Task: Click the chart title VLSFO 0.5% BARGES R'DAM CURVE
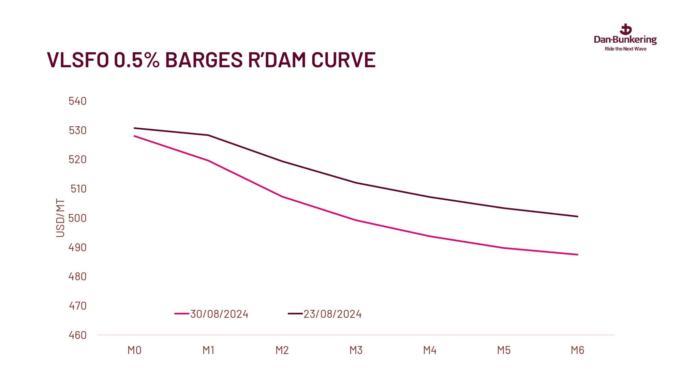click(x=211, y=60)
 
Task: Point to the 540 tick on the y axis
click(x=78, y=101)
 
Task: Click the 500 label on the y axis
click(x=78, y=218)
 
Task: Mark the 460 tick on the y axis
click(x=78, y=335)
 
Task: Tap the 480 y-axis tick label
click(x=78, y=276)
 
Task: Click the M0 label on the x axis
click(x=134, y=350)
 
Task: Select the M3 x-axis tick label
click(x=356, y=350)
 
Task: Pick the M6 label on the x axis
click(x=578, y=350)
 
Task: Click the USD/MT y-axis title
click(x=60, y=218)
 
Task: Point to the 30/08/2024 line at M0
click(x=134, y=136)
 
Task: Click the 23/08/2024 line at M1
click(x=208, y=135)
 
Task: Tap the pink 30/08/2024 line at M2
click(x=282, y=197)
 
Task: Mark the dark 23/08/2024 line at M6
click(x=578, y=216)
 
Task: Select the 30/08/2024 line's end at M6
click(x=578, y=255)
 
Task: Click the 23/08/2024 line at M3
click(x=356, y=183)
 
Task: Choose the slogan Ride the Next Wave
click(x=625, y=49)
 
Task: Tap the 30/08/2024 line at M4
click(x=430, y=236)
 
